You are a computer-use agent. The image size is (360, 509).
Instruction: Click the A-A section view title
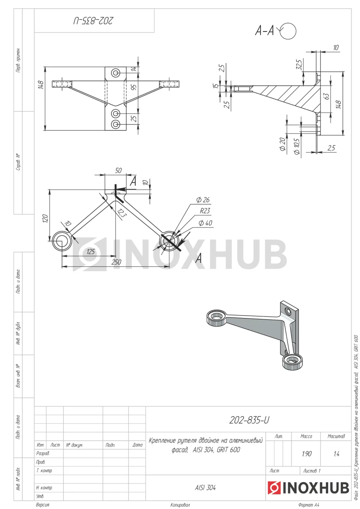[264, 31]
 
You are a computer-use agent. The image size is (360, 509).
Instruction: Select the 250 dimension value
[116, 262]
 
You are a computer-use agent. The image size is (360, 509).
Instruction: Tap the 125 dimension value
[90, 252]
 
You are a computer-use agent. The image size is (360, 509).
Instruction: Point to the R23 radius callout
[205, 211]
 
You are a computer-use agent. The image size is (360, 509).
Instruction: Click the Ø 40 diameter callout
[205, 223]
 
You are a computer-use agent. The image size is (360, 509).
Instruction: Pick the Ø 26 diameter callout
[203, 200]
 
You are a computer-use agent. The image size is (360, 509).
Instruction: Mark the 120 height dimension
[45, 218]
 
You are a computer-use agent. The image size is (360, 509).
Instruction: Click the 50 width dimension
[118, 171]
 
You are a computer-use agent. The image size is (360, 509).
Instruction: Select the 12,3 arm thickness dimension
[121, 213]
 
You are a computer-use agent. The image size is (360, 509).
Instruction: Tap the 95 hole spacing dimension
[134, 87]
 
